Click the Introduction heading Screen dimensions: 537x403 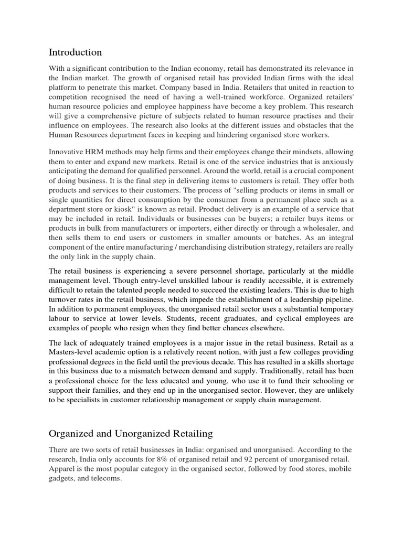(x=75, y=52)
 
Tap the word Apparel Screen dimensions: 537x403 (x=62, y=469)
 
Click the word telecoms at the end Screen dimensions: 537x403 (x=107, y=478)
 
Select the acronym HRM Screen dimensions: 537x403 (x=94, y=152)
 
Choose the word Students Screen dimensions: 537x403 (x=194, y=318)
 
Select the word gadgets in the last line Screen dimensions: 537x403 (x=62, y=478)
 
